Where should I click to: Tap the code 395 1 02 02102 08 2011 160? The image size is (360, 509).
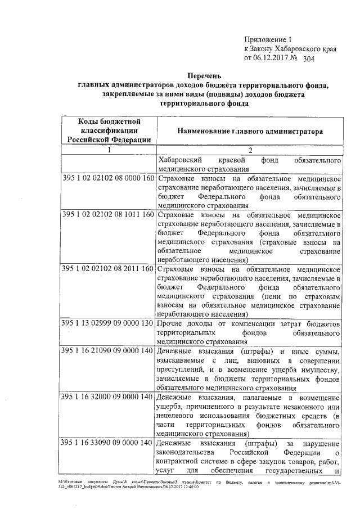(x=108, y=269)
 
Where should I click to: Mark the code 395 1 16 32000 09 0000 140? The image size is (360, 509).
(x=108, y=398)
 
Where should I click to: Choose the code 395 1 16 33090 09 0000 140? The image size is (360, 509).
(x=108, y=443)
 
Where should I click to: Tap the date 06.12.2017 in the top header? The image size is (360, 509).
(x=272, y=57)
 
